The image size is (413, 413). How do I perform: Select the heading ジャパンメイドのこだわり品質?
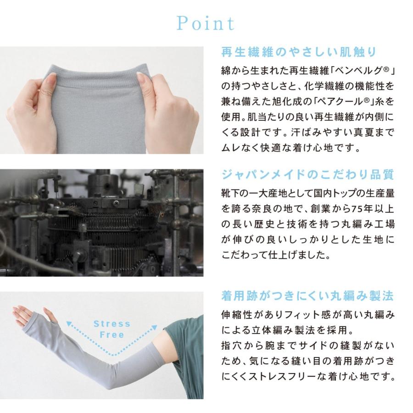(308, 175)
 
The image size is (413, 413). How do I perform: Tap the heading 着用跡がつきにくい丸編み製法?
(308, 295)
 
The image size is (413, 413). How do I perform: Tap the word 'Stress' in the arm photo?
(112, 324)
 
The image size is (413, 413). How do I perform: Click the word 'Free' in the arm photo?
(112, 335)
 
